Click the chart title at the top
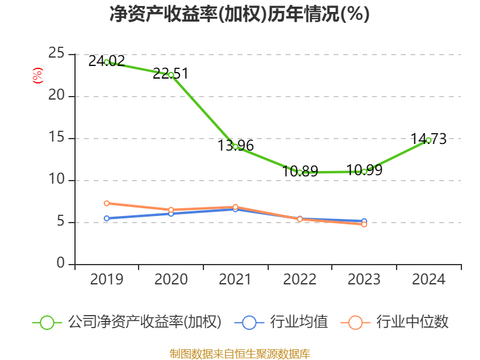point(239,14)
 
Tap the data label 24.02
point(106,61)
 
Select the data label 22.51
point(170,74)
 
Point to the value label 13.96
point(235,145)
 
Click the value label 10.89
point(299,171)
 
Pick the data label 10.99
point(364,170)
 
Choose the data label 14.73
point(428,139)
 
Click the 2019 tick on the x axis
point(106,279)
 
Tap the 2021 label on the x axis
point(235,279)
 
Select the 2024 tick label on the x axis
point(428,279)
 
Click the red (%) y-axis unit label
point(37,76)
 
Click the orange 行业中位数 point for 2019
point(106,203)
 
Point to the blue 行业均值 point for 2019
point(106,218)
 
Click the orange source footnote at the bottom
point(239,353)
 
